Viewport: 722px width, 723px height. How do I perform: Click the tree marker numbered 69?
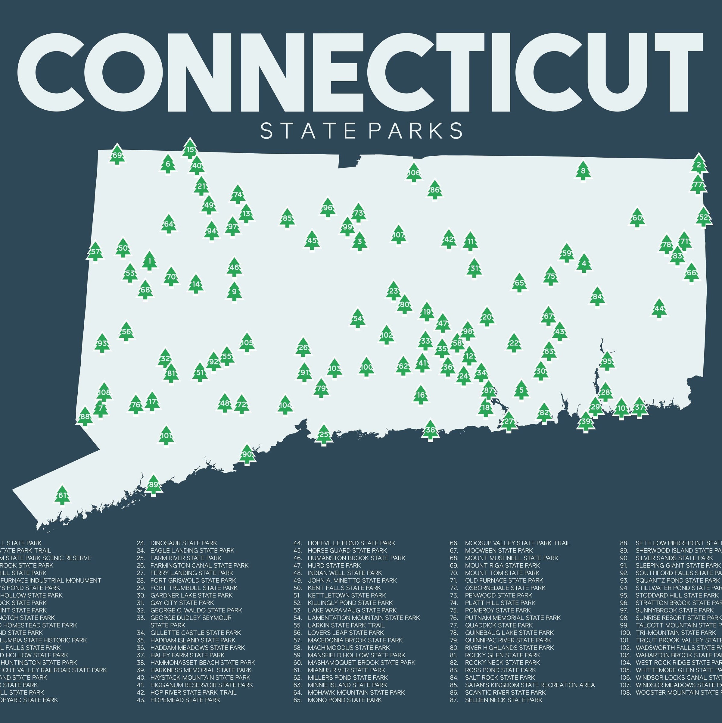coord(117,155)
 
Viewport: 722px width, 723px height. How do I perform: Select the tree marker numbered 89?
coord(153,485)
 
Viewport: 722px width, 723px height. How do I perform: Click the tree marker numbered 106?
coord(413,173)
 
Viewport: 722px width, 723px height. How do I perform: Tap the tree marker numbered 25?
coord(324,434)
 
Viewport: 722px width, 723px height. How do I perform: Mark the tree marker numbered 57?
coord(95,252)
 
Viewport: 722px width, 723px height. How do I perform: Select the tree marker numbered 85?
coord(287,218)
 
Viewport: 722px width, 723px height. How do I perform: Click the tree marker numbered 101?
coord(166,436)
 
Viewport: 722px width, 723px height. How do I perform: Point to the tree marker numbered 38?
coord(430,430)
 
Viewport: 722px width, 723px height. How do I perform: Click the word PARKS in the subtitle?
coord(415,131)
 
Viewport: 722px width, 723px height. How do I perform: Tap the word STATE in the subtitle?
coord(308,131)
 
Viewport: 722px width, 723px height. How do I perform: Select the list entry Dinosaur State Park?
coord(183,543)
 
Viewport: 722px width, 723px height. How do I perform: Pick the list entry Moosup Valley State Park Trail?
coord(517,543)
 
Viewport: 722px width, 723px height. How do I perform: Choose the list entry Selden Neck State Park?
coord(503,700)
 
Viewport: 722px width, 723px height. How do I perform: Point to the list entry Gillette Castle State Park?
coord(195,632)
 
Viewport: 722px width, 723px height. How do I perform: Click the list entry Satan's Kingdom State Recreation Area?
coord(529,685)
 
